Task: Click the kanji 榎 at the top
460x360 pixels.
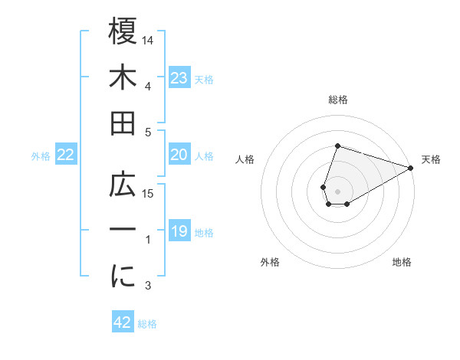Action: click(123, 31)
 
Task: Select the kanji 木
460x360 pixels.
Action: click(123, 77)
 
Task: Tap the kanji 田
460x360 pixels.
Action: click(123, 123)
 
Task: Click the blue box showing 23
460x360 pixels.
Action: click(179, 77)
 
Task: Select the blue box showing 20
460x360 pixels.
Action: click(179, 155)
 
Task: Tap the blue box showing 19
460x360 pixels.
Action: click(179, 231)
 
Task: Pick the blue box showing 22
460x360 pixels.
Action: click(66, 155)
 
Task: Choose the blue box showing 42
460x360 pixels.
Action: click(122, 322)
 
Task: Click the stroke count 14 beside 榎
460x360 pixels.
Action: click(149, 39)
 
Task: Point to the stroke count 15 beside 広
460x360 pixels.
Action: click(149, 193)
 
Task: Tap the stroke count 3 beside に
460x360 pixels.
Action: click(149, 286)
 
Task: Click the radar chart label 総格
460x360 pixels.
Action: click(337, 100)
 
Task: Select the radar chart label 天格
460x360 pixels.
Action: click(431, 159)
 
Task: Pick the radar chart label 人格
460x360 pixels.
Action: click(245, 159)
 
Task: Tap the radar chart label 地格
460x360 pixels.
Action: click(402, 262)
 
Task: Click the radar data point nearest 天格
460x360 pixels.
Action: click(411, 168)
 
